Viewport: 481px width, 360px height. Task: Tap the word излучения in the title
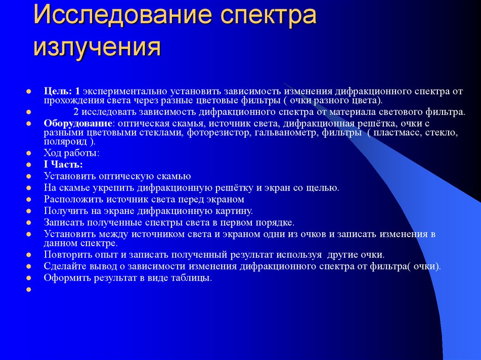tap(97, 47)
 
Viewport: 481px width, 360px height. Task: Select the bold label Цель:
tap(58, 90)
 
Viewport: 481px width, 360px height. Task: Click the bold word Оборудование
tap(78, 123)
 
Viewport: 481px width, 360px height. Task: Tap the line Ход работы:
tap(71, 153)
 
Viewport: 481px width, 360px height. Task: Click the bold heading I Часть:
tap(63, 165)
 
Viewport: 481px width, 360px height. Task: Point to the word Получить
tap(63, 211)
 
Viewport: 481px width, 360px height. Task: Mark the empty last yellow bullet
tap(29, 290)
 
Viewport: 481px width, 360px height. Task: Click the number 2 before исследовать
tap(76, 112)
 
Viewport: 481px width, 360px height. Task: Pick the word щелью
tap(323, 188)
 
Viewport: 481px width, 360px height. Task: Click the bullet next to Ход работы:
tap(29, 153)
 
